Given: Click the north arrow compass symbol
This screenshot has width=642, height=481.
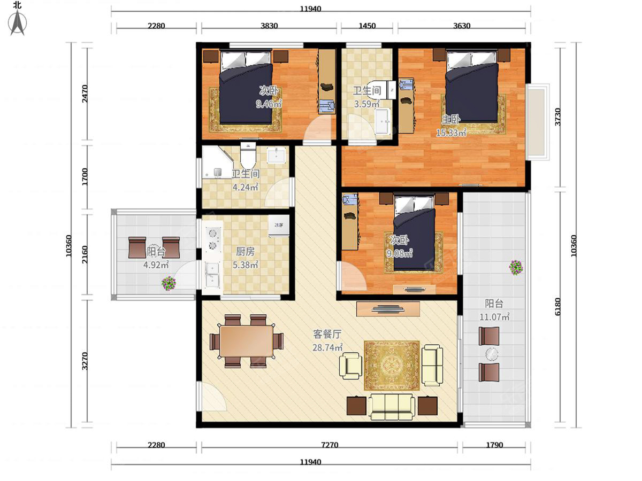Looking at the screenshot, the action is [18, 22].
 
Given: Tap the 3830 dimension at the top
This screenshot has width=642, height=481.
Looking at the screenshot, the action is [269, 26].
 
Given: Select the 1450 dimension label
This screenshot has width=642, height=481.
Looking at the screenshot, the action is [367, 26].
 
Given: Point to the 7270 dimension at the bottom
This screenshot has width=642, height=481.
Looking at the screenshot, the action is [330, 445].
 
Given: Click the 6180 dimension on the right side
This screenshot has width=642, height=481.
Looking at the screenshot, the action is [558, 307].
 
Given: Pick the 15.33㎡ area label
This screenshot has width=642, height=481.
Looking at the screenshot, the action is [451, 133].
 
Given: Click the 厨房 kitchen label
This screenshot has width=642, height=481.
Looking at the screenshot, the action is [245, 251].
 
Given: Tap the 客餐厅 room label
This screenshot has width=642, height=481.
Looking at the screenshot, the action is [327, 334].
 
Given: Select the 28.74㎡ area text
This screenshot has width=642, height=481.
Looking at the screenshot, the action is [327, 347].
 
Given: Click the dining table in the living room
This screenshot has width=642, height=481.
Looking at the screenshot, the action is [247, 341].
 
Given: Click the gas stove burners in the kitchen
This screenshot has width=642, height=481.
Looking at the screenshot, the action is [212, 239].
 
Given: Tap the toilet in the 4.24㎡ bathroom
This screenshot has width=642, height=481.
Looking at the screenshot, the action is [248, 156].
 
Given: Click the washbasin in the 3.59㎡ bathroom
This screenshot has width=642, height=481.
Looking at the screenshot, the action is [383, 121].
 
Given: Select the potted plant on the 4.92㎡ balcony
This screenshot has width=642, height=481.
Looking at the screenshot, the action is [169, 283].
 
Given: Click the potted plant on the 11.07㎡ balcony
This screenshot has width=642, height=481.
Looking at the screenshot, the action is [516, 268].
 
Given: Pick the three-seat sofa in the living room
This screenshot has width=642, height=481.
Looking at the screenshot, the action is [392, 407].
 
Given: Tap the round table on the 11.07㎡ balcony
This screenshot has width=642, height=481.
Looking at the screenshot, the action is [492, 354].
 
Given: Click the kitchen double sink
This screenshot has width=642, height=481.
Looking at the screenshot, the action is [212, 275].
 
